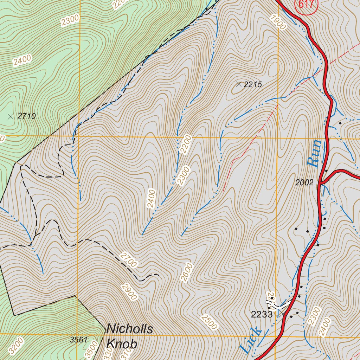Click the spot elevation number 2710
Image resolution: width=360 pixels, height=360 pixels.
pos(27,116)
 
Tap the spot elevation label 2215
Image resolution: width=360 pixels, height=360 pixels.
pos(253,84)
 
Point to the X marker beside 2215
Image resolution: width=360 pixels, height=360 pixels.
pos(239,84)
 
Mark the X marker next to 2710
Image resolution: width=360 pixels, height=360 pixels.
pos(11,116)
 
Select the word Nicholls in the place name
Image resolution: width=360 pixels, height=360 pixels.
pos(130,329)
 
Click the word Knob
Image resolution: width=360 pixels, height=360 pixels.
pos(122,344)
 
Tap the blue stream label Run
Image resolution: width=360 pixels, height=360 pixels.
pos(314,153)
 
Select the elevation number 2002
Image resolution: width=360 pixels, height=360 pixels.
pos(304,182)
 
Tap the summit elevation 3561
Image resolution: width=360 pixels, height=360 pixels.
pos(79,340)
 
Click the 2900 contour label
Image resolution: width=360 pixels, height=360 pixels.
pos(129,292)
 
